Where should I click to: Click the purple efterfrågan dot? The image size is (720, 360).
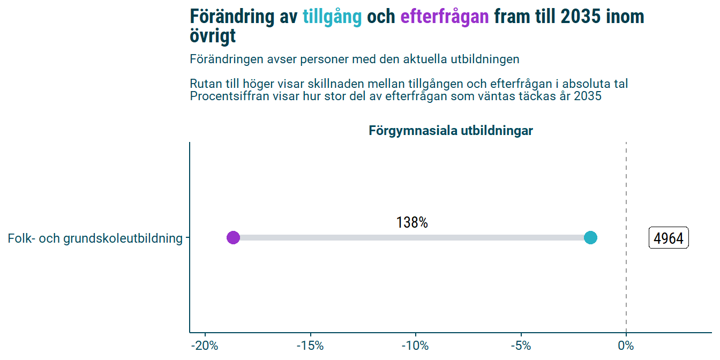click(x=233, y=237)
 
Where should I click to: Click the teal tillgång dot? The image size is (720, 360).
click(x=590, y=237)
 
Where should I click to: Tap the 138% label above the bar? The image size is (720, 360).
click(x=412, y=223)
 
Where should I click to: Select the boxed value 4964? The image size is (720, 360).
click(x=669, y=238)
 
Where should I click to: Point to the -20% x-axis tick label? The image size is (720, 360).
click(x=204, y=346)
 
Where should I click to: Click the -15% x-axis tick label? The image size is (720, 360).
click(x=310, y=346)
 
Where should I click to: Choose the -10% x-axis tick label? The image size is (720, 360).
click(x=415, y=346)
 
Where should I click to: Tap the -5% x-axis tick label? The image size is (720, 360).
click(x=521, y=346)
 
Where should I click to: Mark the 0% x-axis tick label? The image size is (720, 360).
click(x=626, y=346)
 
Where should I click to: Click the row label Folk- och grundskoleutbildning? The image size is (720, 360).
click(x=95, y=238)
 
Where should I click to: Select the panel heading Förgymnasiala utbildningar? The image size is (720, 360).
click(x=451, y=131)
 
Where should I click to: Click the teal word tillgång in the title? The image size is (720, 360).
click(x=332, y=17)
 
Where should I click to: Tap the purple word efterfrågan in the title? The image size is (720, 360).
click(x=444, y=17)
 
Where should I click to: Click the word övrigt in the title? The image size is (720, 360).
click(x=213, y=36)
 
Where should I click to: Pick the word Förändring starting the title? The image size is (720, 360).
click(x=231, y=17)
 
